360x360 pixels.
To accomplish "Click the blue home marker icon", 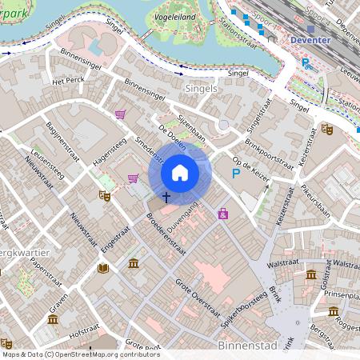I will [180, 173].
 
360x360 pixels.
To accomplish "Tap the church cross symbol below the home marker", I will [167, 196].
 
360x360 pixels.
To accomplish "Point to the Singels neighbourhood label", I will [200, 88].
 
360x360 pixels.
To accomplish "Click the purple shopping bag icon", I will [223, 213].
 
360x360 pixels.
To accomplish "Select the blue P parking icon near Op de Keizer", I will [236, 173].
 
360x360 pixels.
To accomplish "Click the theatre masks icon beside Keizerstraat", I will [326, 128].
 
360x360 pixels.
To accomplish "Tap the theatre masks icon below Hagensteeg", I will [104, 195].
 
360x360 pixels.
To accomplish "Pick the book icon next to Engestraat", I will [102, 267].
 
